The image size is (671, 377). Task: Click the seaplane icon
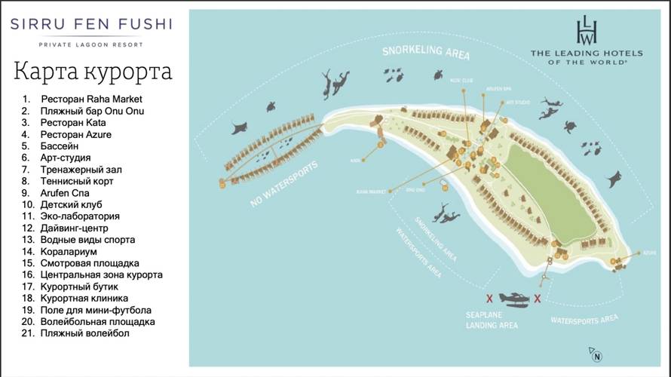[513, 299]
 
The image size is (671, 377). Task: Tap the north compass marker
[596, 356]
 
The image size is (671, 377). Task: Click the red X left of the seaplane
[489, 299]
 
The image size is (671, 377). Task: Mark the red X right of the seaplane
[538, 299]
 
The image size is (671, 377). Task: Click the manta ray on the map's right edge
[615, 179]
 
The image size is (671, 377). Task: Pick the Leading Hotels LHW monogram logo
[586, 30]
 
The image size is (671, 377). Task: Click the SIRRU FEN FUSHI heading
[90, 24]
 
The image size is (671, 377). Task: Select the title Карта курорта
[92, 72]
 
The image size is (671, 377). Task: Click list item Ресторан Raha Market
[91, 99]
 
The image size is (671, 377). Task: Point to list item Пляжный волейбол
[84, 333]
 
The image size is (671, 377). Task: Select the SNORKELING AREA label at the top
[426, 54]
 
